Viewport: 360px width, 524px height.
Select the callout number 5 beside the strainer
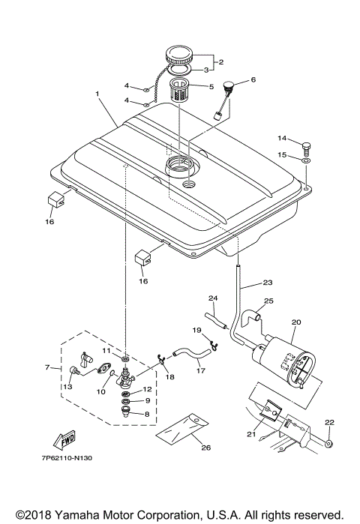[211, 86]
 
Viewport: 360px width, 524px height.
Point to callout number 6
[253, 79]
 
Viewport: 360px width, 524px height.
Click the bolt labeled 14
[305, 145]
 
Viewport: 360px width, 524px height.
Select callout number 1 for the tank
[97, 94]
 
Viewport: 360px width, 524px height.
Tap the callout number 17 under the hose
[199, 369]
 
